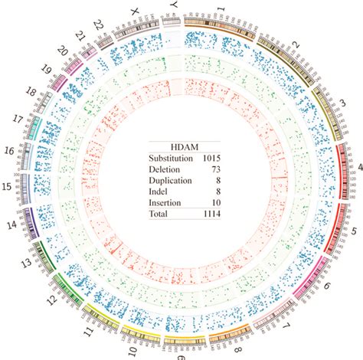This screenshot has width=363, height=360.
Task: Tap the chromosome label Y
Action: [174, 7]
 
